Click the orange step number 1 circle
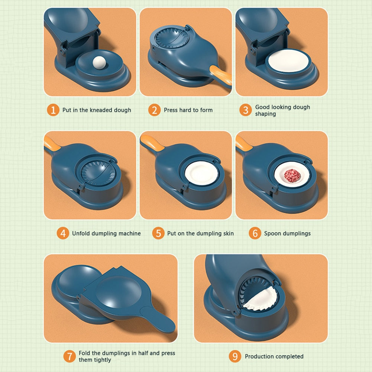(x=53, y=110)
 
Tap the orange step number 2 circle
(x=154, y=110)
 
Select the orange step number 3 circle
(x=245, y=110)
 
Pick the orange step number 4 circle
(x=63, y=233)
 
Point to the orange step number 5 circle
(x=158, y=233)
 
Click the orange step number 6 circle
(x=255, y=233)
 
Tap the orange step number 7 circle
(x=69, y=356)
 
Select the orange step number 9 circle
(x=235, y=356)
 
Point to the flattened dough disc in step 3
(x=288, y=61)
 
